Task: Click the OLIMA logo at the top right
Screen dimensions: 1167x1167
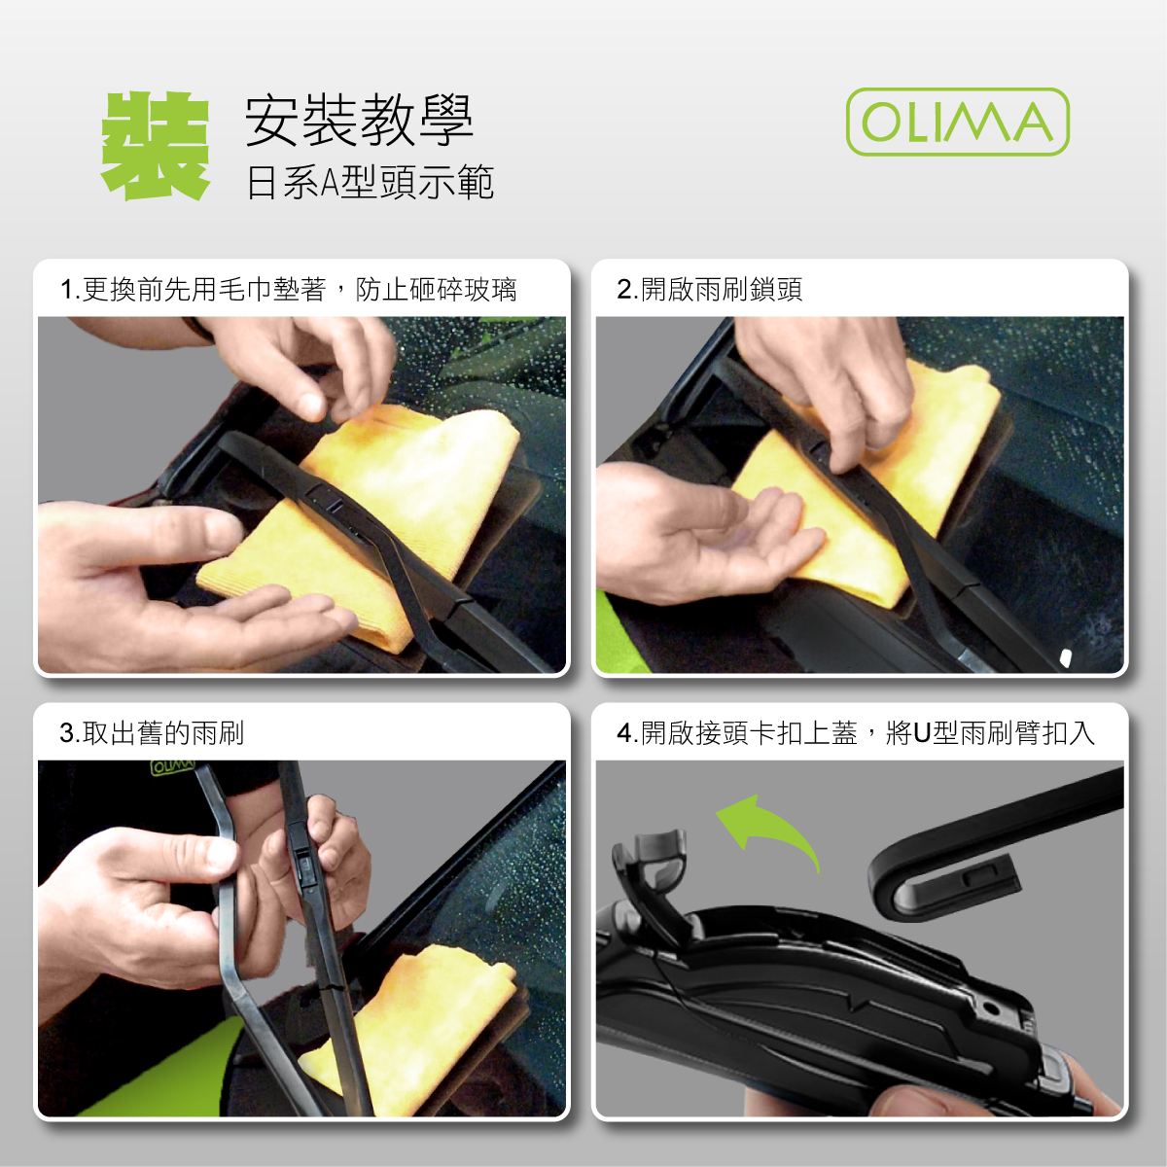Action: pos(958,122)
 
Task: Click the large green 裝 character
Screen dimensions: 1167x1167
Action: pos(156,146)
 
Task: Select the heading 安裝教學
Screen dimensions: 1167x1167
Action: pos(359,121)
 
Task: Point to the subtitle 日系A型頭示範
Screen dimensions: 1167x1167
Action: pos(370,182)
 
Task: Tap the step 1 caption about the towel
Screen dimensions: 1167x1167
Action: pos(288,290)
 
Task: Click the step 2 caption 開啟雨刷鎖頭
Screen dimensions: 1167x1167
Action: pos(710,290)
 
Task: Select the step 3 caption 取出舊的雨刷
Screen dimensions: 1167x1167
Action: pos(152,733)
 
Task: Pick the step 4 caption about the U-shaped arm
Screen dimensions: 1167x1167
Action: pos(856,733)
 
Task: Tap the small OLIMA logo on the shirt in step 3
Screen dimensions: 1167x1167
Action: pos(172,768)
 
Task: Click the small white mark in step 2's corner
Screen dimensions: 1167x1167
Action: pos(1065,657)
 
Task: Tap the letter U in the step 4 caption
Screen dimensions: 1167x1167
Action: pos(922,733)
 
